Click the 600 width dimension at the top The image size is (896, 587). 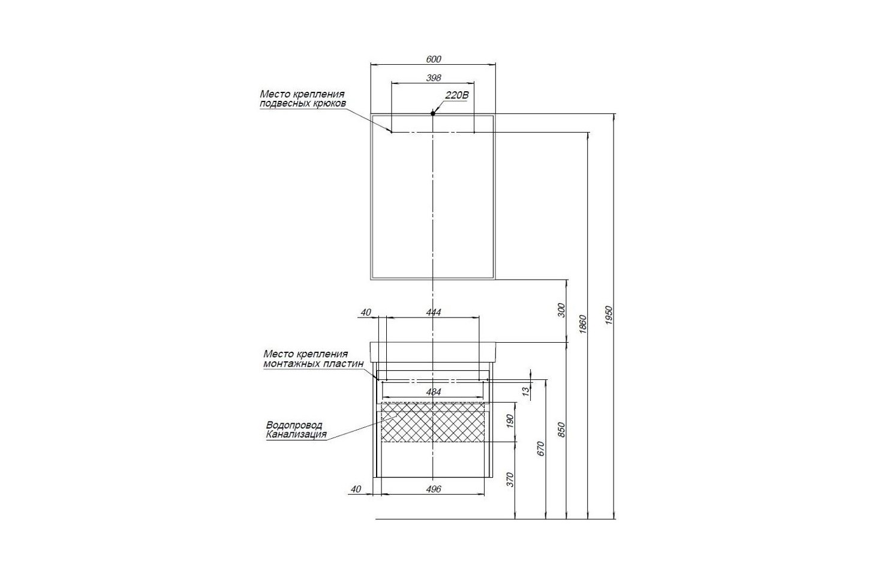click(x=434, y=59)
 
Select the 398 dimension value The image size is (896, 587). click(x=434, y=77)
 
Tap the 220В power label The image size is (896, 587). click(x=457, y=95)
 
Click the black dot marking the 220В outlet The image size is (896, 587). click(x=432, y=113)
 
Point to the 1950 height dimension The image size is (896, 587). click(x=609, y=315)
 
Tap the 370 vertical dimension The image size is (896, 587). click(x=510, y=479)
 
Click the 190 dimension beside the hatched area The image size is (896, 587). click(x=510, y=420)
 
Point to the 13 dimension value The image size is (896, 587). click(x=526, y=391)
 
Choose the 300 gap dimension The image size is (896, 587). click(x=562, y=310)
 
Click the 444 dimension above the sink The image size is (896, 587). click(x=433, y=312)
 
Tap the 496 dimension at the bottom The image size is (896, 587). click(x=433, y=489)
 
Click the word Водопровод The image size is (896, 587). click(x=294, y=425)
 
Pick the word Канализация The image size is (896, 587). click(x=296, y=435)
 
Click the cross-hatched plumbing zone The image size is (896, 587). click(x=433, y=422)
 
